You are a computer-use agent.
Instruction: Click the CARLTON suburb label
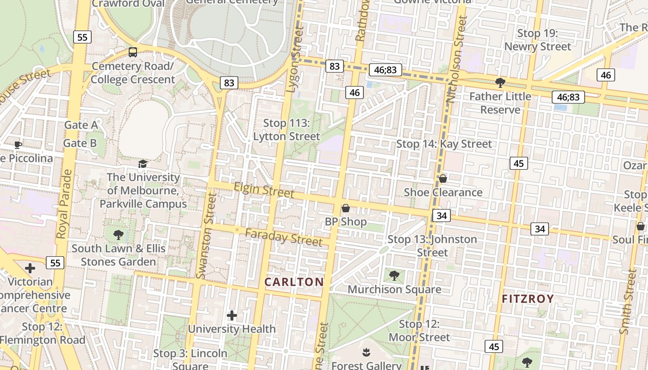click(x=294, y=282)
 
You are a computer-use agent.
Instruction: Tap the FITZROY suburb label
click(x=528, y=299)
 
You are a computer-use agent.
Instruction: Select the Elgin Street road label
click(x=264, y=190)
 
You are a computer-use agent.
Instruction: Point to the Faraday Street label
click(x=284, y=237)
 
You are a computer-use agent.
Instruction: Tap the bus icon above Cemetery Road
click(x=133, y=52)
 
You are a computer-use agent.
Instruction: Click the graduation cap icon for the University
click(x=143, y=164)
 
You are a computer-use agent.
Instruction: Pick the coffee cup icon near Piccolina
click(x=18, y=145)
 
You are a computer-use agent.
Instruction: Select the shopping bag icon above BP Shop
click(x=345, y=208)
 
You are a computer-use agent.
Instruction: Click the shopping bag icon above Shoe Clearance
click(x=443, y=178)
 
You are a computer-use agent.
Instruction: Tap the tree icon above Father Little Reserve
click(x=500, y=83)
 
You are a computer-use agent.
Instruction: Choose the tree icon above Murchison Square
click(x=394, y=276)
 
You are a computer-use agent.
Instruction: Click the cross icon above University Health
click(x=232, y=315)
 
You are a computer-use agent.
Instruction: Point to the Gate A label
click(x=81, y=125)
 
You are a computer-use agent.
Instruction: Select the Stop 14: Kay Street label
click(x=444, y=144)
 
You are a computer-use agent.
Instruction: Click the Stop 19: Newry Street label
click(x=537, y=40)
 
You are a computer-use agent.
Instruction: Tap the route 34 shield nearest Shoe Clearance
click(x=442, y=215)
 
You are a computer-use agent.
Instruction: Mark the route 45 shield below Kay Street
click(x=518, y=163)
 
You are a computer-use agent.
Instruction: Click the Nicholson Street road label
click(x=455, y=60)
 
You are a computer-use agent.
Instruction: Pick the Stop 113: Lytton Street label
click(x=287, y=129)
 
